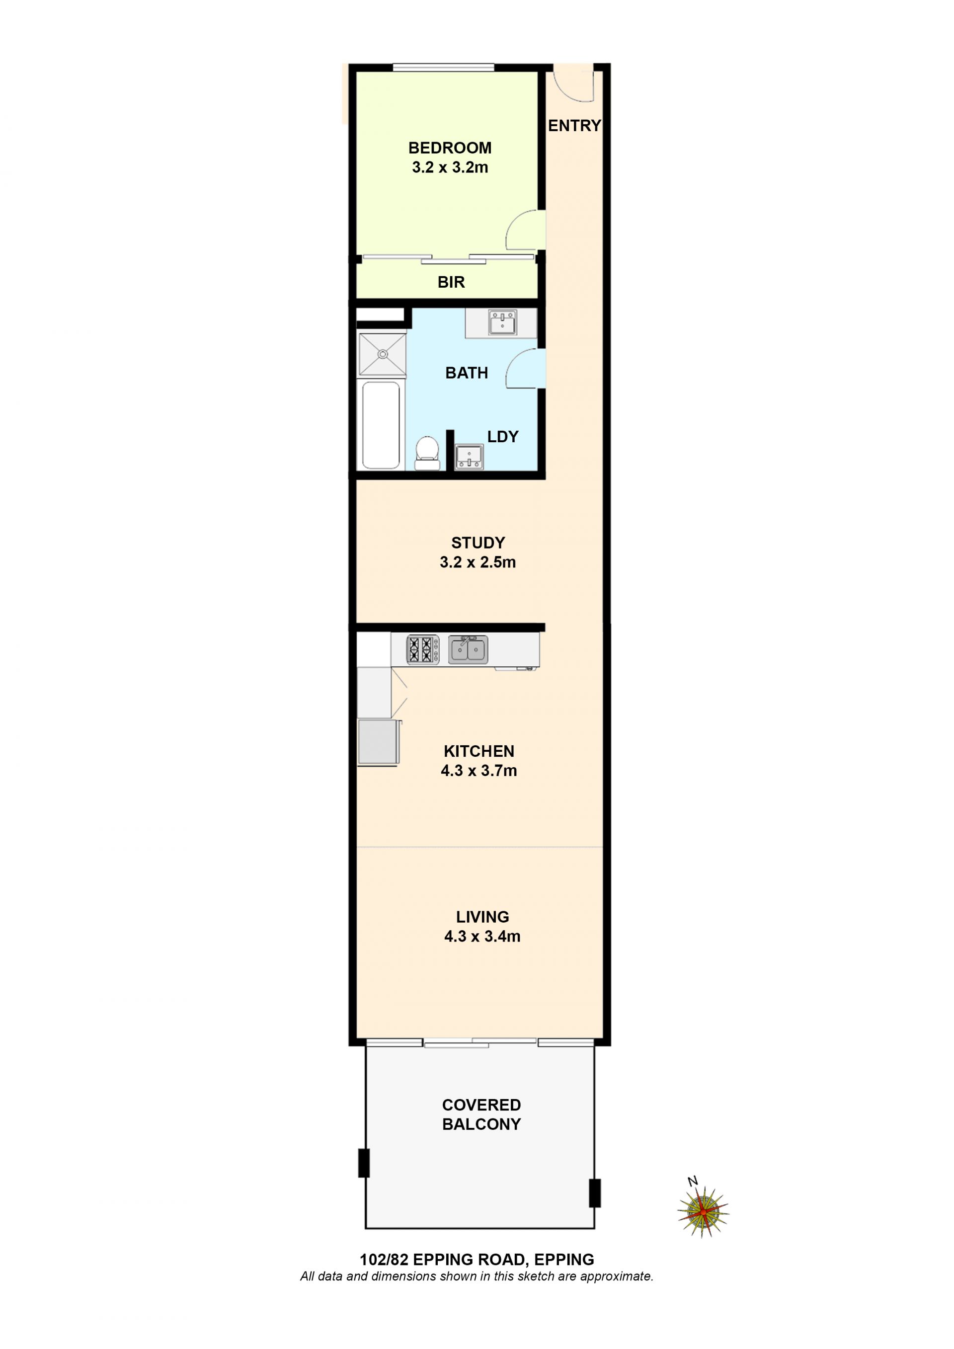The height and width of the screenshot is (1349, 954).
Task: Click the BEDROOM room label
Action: coord(450,148)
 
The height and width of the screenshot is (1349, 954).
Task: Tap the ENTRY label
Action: coord(574,126)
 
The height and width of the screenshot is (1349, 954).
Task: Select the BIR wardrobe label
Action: coord(451,282)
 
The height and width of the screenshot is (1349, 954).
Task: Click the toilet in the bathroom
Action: coord(427,453)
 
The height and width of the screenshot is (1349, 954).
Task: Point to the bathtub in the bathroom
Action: coord(381,425)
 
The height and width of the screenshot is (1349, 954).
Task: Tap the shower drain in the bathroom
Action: coord(383,354)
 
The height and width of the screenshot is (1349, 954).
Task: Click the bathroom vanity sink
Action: coord(503,322)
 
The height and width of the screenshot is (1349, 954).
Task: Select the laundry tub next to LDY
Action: coord(469,457)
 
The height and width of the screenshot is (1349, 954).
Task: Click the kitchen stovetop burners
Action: coord(423,649)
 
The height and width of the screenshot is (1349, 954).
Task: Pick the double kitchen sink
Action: coord(468,649)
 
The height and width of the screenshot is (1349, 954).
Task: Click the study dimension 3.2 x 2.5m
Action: coord(477,562)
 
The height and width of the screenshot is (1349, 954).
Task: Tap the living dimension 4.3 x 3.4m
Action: coord(482,937)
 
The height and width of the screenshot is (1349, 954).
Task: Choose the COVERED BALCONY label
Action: coord(481,1114)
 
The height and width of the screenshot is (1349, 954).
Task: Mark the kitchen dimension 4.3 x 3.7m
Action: coord(479,771)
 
